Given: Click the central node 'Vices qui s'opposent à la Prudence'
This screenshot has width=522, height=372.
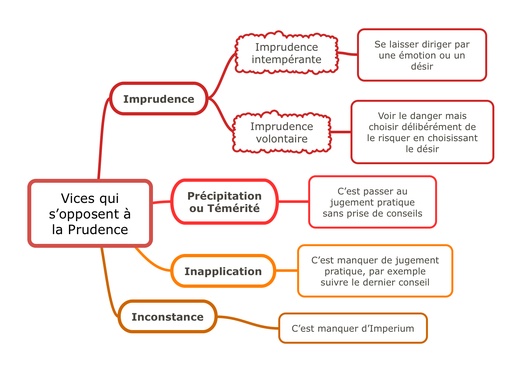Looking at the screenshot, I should [x=90, y=213].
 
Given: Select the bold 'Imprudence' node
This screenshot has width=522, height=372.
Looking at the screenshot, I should [x=159, y=99].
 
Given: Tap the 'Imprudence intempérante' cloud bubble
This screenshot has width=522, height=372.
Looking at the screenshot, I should [x=286, y=53].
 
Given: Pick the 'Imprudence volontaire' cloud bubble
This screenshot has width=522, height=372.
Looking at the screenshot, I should [x=282, y=132].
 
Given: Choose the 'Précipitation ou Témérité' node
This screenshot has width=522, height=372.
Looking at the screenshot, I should [x=225, y=202].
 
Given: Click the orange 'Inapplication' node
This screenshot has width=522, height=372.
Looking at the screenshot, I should [x=223, y=271].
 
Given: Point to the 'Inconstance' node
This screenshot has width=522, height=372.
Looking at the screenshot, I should [x=168, y=317].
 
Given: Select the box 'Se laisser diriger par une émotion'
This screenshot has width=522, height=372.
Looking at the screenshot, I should [x=422, y=55].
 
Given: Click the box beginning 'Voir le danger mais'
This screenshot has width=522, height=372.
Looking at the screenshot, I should [x=422, y=132].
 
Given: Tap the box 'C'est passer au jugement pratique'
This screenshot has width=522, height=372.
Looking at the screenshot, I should [x=372, y=202].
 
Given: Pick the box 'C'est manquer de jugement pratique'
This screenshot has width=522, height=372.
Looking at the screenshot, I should [x=375, y=271].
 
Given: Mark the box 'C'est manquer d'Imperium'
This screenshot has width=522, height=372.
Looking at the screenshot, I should [x=353, y=328].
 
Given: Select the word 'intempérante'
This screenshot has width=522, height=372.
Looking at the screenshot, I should [x=286, y=60].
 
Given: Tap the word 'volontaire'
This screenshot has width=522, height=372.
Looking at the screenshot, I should [x=282, y=139].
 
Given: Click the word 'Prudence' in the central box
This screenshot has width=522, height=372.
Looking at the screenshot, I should [x=98, y=230].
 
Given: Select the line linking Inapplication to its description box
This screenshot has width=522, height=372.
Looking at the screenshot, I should [x=287, y=271].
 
